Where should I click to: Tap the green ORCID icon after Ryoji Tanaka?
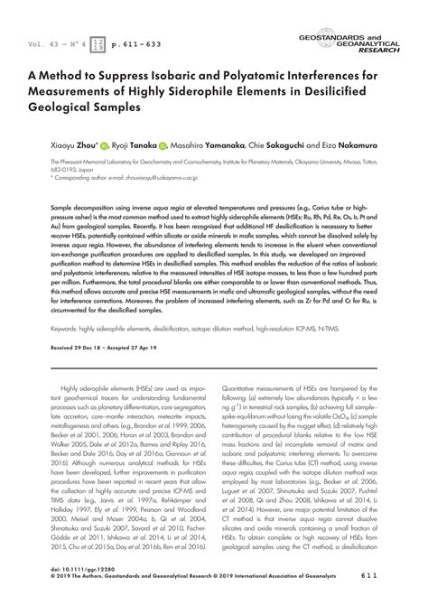click(163, 143)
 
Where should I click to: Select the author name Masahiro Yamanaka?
click(213, 143)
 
